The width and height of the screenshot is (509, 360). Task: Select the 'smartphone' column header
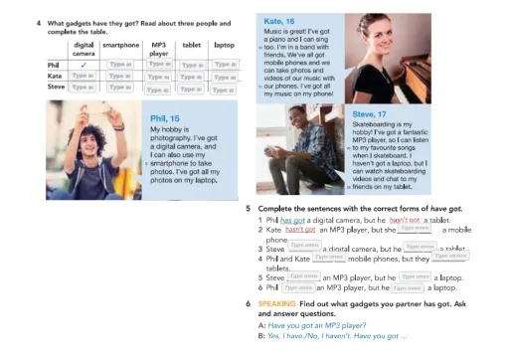click(120, 45)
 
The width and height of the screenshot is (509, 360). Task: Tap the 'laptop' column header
click(225, 45)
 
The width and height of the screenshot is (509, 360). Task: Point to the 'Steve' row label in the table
click(57, 87)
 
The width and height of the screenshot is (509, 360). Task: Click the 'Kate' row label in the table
click(56, 76)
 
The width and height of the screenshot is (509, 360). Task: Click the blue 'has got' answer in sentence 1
click(293, 220)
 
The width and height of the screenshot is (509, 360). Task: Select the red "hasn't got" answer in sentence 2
click(286, 230)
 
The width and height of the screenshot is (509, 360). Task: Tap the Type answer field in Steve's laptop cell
click(225, 88)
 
